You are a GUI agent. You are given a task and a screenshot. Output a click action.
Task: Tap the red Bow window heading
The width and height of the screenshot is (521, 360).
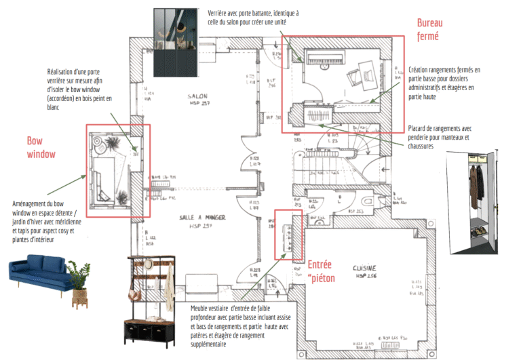tap(40, 147)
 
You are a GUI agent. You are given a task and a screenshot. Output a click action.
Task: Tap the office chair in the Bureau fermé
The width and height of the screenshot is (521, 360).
tap(356, 75)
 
